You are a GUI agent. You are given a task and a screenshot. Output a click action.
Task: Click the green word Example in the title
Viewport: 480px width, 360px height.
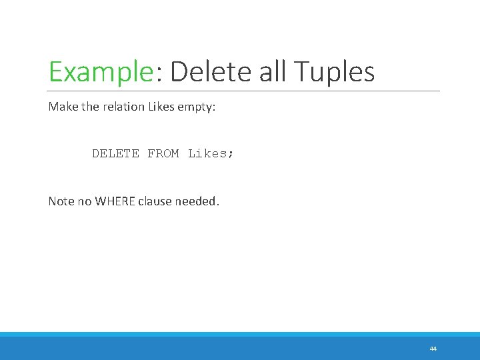click(x=101, y=72)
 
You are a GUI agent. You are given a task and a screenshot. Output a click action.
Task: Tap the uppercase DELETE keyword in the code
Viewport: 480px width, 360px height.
click(x=115, y=153)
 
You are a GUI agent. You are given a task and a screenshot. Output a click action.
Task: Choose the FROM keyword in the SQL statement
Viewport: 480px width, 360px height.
click(x=163, y=153)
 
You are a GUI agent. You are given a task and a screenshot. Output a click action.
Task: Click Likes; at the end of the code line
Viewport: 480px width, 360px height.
click(x=211, y=153)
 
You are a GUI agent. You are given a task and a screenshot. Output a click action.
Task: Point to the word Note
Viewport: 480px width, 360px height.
click(x=61, y=201)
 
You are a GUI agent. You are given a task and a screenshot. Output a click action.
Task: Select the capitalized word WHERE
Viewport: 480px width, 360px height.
click(x=115, y=201)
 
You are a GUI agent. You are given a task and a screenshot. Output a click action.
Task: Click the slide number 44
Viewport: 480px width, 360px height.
click(x=433, y=349)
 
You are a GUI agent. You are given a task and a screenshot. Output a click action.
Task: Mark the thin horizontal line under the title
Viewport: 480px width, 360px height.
click(x=244, y=91)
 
